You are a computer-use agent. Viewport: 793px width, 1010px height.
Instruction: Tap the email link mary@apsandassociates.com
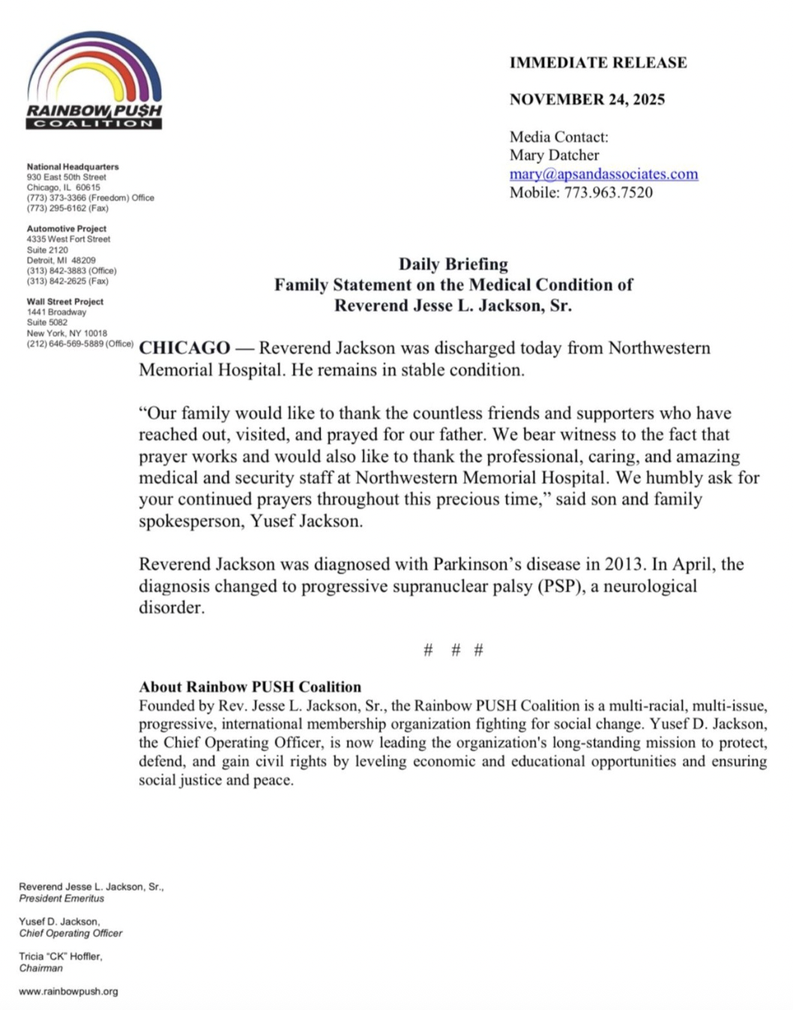click(603, 174)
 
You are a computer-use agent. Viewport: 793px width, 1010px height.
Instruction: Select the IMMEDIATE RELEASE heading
click(598, 63)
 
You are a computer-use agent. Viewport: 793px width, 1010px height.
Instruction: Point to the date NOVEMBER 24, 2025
click(587, 100)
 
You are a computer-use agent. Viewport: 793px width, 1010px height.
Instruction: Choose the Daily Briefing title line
click(453, 264)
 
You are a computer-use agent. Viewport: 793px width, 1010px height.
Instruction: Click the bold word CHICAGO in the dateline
click(184, 348)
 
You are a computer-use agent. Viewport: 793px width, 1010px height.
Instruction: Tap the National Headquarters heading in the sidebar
click(73, 166)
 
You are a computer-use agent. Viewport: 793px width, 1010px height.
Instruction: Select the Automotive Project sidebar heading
click(67, 229)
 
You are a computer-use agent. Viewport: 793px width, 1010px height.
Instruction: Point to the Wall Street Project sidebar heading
click(65, 301)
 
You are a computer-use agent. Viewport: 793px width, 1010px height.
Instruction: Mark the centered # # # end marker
click(453, 650)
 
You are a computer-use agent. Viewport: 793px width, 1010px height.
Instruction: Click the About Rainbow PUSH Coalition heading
click(250, 686)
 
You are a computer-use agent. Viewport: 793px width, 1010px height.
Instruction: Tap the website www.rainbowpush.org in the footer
click(68, 991)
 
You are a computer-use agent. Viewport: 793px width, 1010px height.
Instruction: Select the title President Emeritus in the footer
click(61, 898)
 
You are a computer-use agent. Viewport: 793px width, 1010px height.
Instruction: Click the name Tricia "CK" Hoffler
click(61, 956)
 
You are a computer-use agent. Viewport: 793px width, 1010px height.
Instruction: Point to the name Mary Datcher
click(554, 155)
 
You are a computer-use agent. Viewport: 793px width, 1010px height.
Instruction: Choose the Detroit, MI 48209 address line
click(61, 260)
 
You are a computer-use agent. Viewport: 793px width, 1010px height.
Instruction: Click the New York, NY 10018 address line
click(67, 333)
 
